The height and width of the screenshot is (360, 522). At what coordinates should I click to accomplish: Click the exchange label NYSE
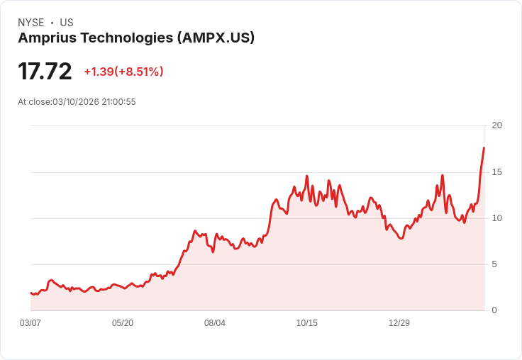[x=30, y=23]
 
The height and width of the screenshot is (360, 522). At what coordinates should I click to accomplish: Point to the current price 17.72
[x=45, y=72]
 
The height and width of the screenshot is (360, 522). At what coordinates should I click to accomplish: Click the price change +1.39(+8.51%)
[x=123, y=72]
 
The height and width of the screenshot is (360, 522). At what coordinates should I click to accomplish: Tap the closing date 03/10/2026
[x=75, y=102]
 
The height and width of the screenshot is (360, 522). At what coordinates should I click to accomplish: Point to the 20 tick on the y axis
[x=496, y=125]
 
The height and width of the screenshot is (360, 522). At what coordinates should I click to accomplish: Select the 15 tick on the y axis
[x=496, y=172]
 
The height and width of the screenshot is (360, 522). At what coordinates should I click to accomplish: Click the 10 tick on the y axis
[x=496, y=218]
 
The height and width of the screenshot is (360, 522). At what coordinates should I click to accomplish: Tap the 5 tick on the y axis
[x=494, y=264]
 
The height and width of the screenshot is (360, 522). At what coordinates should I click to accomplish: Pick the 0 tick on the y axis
[x=494, y=310]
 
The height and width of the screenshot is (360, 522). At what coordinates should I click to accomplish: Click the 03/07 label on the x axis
[x=30, y=323]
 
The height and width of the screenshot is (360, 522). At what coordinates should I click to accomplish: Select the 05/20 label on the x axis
[x=123, y=323]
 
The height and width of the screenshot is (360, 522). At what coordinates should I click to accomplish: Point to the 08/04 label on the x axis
[x=215, y=323]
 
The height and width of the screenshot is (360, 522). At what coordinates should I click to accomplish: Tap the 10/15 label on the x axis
[x=307, y=323]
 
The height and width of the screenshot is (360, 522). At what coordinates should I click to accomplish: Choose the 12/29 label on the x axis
[x=399, y=323]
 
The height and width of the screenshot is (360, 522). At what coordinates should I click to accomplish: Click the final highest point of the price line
[x=484, y=147]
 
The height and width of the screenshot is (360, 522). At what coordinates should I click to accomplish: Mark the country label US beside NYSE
[x=67, y=23]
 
